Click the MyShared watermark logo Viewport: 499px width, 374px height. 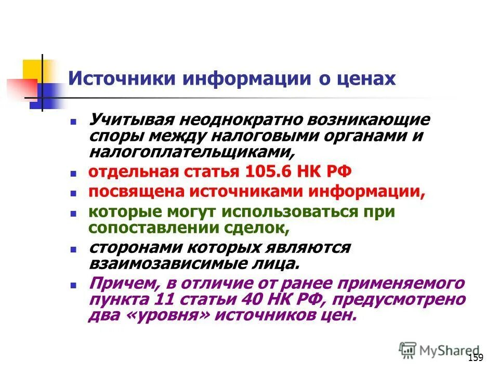click(439, 350)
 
